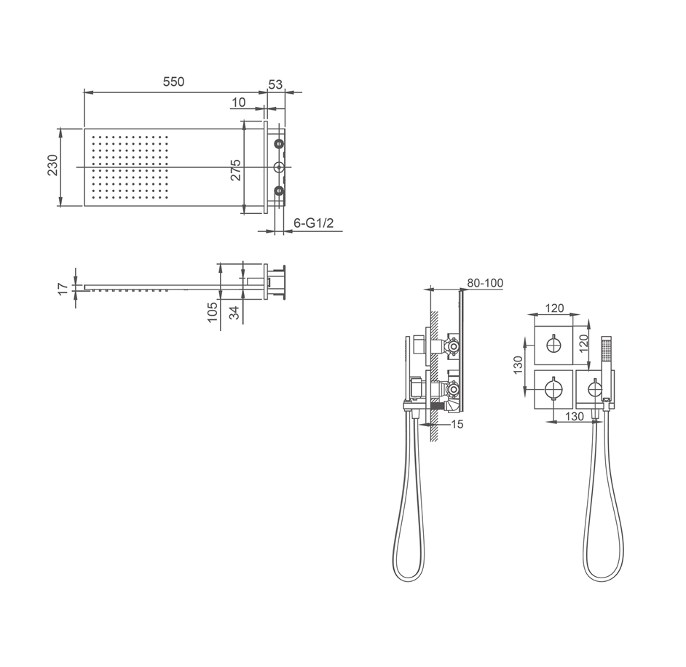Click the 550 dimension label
[x=174, y=81]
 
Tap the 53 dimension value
[x=275, y=84]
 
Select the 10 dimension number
[x=238, y=103]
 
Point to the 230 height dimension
[x=53, y=165]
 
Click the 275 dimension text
[x=235, y=170]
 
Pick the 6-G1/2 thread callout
[x=314, y=223]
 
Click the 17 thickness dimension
[x=64, y=289]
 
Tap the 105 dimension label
[x=213, y=312]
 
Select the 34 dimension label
[x=235, y=313]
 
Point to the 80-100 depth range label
[x=485, y=283]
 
